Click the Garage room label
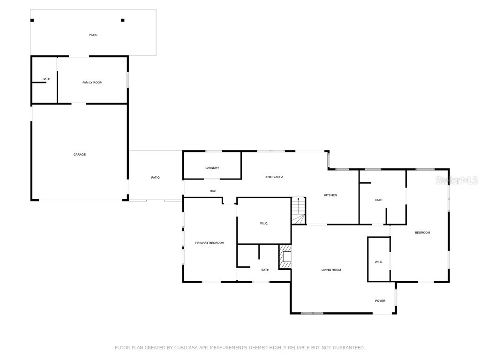[79, 154]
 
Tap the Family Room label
[92, 82]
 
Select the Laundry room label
[212, 168]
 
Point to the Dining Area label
[274, 177]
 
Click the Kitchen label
[330, 195]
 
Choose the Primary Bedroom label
[210, 243]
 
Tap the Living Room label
[331, 270]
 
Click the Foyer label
[380, 300]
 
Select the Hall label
[213, 191]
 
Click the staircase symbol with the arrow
[298, 211]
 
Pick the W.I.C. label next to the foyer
[379, 262]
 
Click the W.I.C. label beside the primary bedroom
[263, 223]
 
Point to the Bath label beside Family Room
[46, 79]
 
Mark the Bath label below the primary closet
[265, 270]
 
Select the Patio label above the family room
[93, 35]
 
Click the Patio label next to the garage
[155, 177]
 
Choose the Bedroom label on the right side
[422, 232]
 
